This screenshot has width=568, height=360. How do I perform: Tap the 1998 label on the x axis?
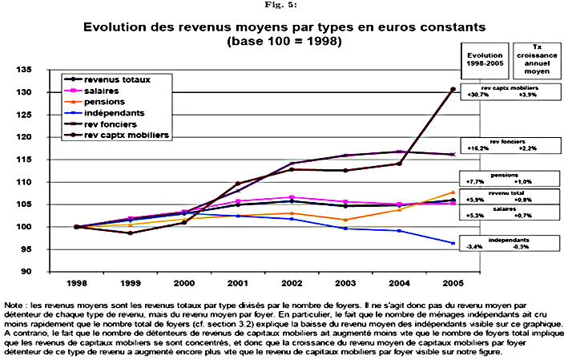click(75, 285)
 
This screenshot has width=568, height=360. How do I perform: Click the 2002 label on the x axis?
click(291, 285)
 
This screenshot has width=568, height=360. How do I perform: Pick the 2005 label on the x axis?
click(453, 285)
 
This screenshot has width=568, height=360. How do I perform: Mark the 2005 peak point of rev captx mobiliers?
click(453, 89)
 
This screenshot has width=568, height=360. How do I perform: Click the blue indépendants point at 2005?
click(453, 243)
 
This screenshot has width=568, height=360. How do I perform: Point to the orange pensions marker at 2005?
click(453, 192)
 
